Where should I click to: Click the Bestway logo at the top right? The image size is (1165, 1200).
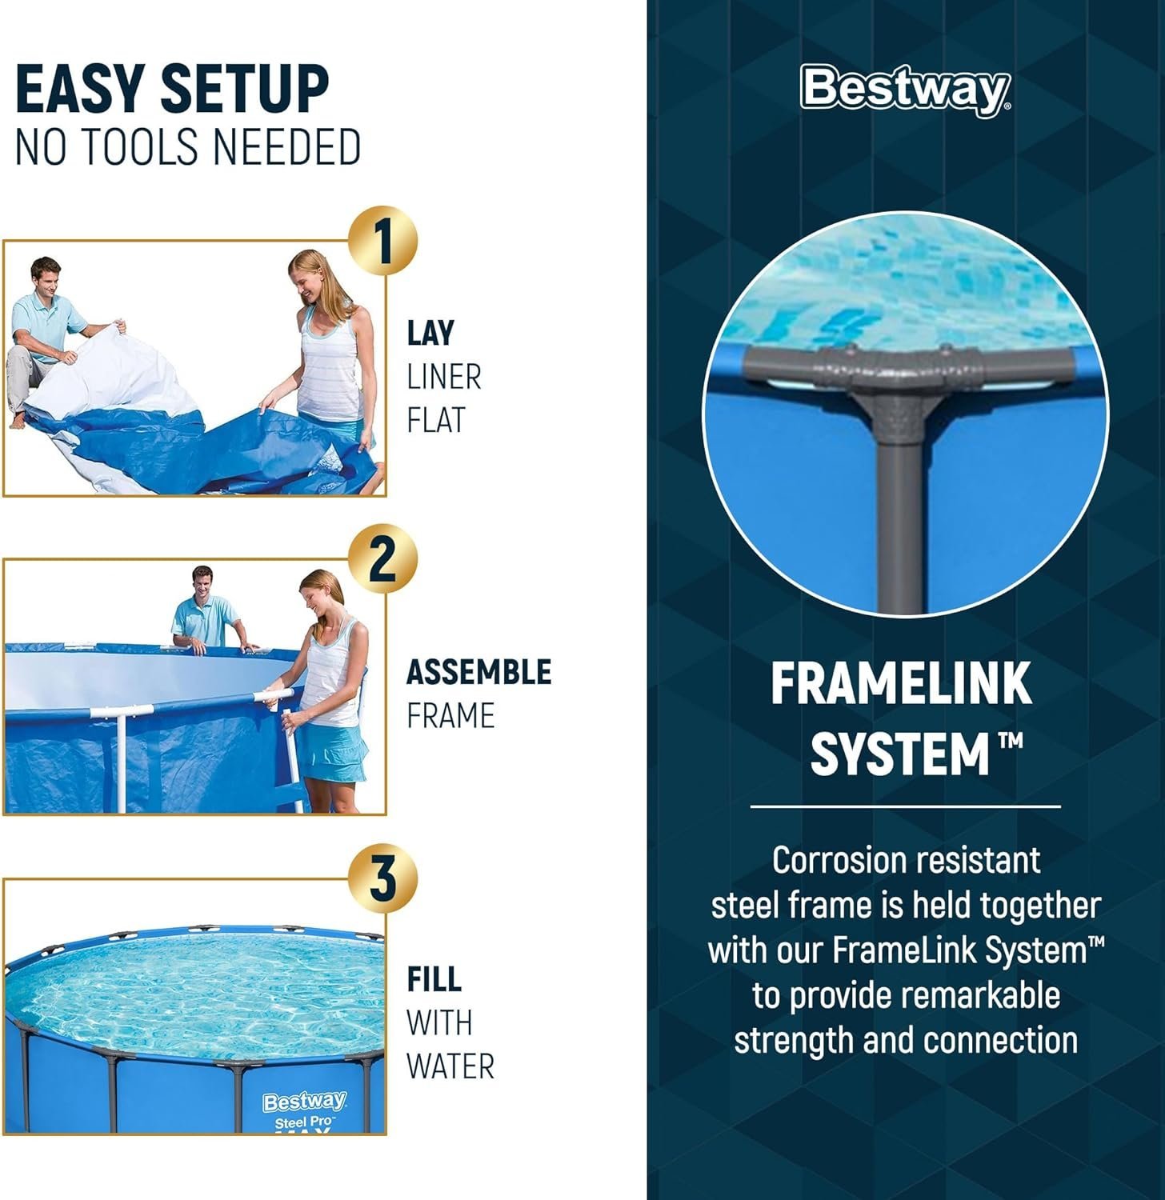(905, 89)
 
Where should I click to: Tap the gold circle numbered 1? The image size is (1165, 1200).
(383, 241)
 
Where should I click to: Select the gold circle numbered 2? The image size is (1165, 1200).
(382, 559)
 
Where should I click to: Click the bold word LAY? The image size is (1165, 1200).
(430, 334)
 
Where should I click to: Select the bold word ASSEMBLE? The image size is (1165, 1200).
(478, 672)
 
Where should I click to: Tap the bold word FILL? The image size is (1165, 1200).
(434, 979)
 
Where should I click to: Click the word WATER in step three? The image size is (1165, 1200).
(450, 1066)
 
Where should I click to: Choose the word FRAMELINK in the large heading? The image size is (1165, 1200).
(901, 684)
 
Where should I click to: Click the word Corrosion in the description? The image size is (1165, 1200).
(837, 861)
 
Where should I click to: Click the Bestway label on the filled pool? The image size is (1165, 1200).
(304, 1102)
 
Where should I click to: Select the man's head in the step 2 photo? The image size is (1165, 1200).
(202, 582)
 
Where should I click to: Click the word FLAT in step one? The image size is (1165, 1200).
(435, 420)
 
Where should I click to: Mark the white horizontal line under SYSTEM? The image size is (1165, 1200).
(905, 807)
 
